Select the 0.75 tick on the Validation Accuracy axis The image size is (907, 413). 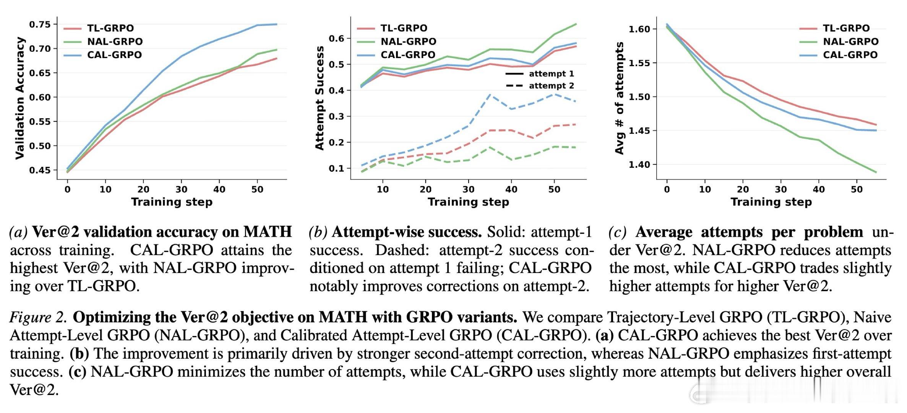click(x=40, y=24)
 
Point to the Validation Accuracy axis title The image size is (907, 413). click(x=19, y=98)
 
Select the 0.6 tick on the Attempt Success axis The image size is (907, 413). click(x=337, y=38)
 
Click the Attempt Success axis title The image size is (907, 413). click(x=320, y=98)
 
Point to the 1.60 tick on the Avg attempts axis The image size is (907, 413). click(x=639, y=29)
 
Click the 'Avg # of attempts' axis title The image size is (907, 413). click(x=620, y=98)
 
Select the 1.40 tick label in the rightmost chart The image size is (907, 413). click(x=639, y=165)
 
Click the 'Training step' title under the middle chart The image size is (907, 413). click(x=468, y=202)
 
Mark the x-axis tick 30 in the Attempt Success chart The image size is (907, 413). click(x=468, y=189)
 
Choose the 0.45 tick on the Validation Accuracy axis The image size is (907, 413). click(x=40, y=170)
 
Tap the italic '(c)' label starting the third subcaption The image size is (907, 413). click(x=618, y=232)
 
